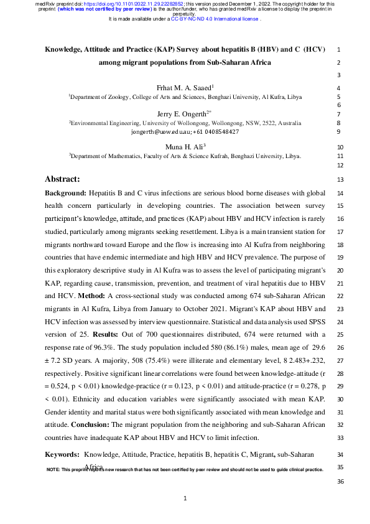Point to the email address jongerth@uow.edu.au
(x=164, y=132)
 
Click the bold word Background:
(x=65, y=194)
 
